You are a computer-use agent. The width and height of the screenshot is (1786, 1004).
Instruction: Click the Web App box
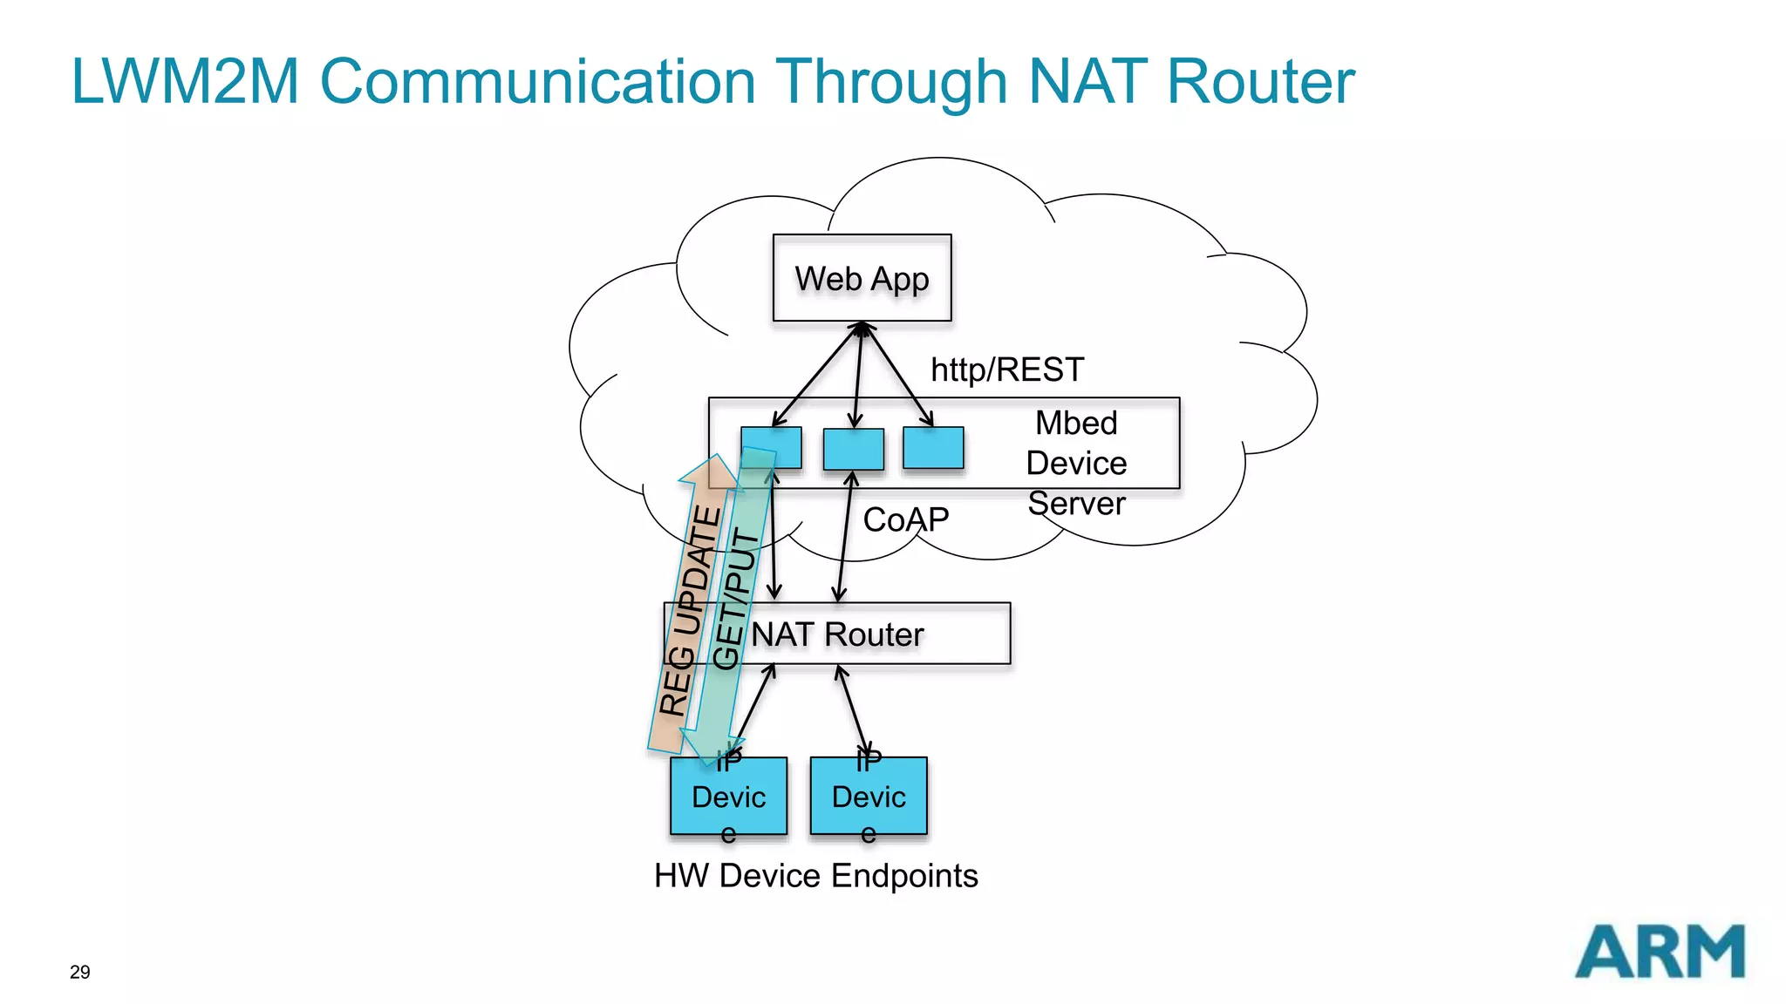coord(862,278)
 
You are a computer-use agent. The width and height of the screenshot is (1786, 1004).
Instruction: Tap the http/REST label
coord(1006,370)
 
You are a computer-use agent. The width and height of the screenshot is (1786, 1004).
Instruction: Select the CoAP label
coord(905,519)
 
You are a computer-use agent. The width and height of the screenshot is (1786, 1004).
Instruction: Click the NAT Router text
coord(837,634)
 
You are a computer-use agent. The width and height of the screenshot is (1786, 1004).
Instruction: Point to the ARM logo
coord(1660,952)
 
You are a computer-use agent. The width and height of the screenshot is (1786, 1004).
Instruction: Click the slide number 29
coord(79,972)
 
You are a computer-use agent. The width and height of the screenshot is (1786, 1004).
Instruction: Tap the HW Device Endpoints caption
coord(815,875)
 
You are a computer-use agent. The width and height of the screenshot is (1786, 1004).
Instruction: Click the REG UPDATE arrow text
coord(689,610)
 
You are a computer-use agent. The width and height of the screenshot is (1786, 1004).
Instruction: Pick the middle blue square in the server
coord(854,448)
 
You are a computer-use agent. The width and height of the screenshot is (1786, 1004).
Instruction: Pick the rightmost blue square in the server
coord(933,448)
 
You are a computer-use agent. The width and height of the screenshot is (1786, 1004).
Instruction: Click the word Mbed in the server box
coord(1076,423)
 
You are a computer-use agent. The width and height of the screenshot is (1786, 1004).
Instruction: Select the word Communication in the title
coord(538,81)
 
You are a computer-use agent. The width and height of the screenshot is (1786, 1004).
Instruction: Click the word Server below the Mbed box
coord(1076,503)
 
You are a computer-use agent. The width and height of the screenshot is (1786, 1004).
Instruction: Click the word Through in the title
coord(891,81)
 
